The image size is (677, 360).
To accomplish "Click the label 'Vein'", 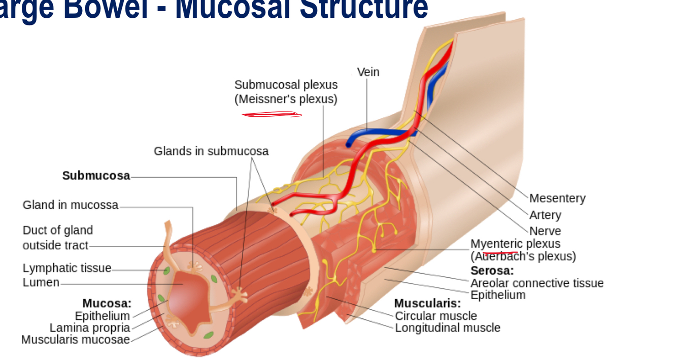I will [368, 72].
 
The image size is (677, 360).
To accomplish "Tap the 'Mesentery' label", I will [557, 198].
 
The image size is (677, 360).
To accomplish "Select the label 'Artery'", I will [545, 215].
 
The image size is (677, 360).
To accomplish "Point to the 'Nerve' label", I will [545, 231].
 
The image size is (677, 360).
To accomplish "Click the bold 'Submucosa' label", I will [96, 176].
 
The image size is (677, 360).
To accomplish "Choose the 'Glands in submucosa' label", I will [211, 151].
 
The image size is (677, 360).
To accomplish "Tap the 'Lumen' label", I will [41, 282].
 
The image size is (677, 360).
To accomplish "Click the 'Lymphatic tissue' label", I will [67, 268].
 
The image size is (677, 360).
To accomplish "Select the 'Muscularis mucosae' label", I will [76, 340].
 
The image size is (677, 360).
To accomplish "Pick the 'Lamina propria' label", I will [90, 328].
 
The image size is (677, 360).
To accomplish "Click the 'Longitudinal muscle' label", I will [448, 328].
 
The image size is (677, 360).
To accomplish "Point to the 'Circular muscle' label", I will [436, 316].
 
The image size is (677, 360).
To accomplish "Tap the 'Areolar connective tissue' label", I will [537, 283].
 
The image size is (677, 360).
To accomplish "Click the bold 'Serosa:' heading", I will [492, 271].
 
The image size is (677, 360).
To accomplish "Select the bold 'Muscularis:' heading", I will [427, 304].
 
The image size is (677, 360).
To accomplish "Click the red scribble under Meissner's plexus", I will [272, 115].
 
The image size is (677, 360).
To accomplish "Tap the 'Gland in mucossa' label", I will [71, 205].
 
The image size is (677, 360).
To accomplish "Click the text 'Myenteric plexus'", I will [515, 244].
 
